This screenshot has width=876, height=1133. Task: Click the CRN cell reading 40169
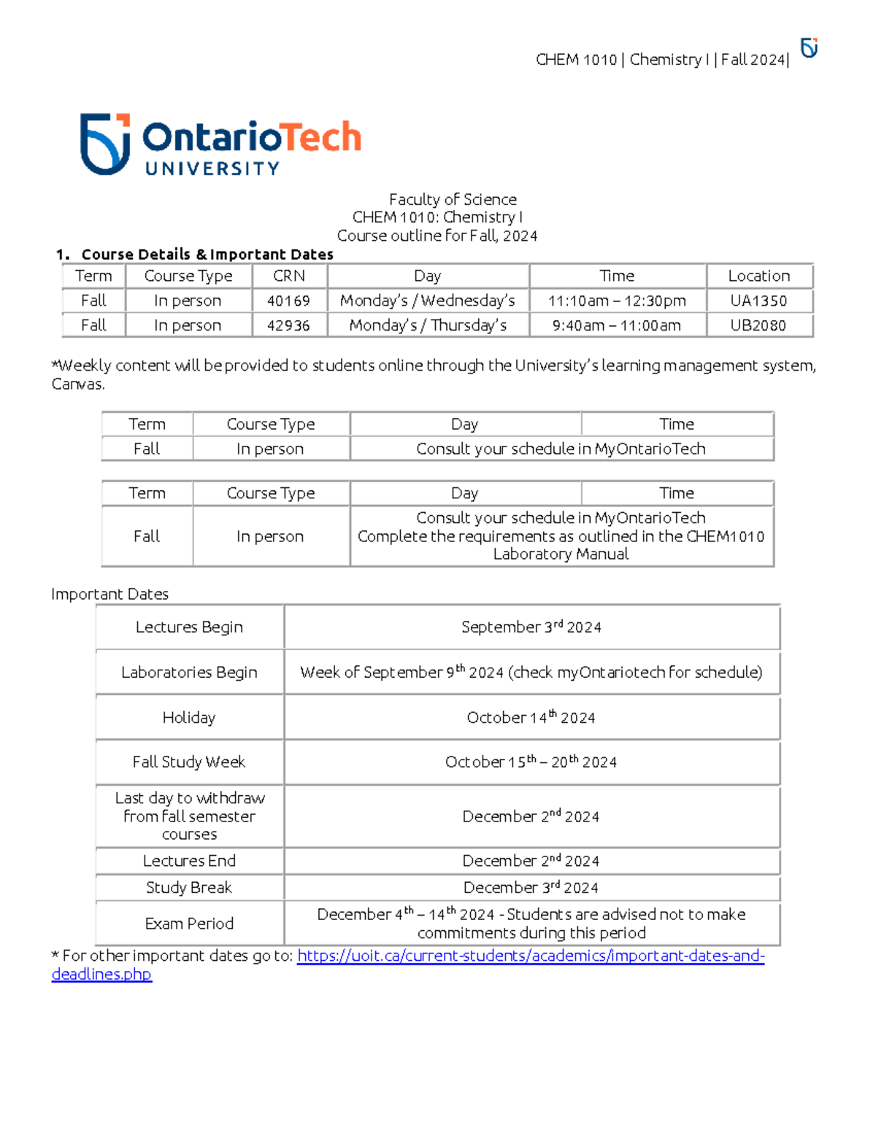tap(288, 301)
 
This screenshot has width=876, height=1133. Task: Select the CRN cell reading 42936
tap(288, 325)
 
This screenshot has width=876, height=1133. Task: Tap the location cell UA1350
tap(758, 301)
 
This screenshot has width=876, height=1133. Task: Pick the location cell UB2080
tap(758, 325)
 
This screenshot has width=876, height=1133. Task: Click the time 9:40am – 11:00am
tap(617, 325)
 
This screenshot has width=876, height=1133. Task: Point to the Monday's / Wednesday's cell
tap(428, 301)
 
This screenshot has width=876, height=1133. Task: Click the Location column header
tap(758, 276)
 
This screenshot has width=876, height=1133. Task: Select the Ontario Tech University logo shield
tap(105, 144)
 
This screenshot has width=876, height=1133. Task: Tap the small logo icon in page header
tap(809, 48)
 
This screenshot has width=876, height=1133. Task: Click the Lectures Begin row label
tap(189, 627)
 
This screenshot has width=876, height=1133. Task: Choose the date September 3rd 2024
tap(531, 627)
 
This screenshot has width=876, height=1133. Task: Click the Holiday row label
tap(189, 718)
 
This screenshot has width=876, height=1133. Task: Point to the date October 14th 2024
tap(531, 718)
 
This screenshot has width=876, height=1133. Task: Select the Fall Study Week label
tap(189, 762)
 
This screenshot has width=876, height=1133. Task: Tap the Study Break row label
tap(189, 888)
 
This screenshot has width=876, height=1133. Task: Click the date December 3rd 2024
tap(531, 888)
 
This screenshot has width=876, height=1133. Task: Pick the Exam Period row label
tap(189, 924)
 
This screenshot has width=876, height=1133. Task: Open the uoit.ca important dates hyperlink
tap(531, 956)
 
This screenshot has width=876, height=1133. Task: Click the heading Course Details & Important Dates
tap(207, 255)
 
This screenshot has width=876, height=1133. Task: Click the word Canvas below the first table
tap(77, 384)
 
